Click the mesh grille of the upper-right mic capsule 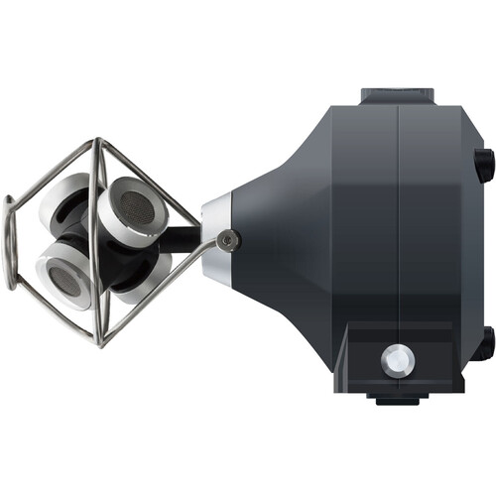[132, 206]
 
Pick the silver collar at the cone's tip [216, 239]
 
